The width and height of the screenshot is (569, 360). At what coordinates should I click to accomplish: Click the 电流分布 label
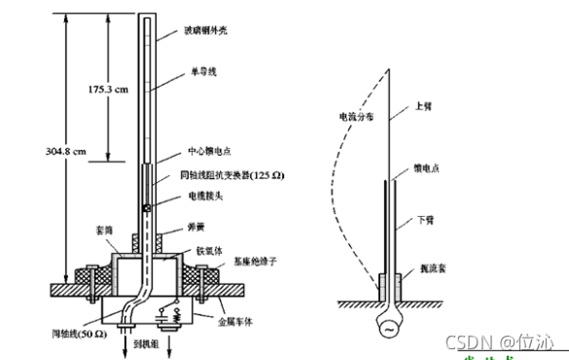(342, 115)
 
